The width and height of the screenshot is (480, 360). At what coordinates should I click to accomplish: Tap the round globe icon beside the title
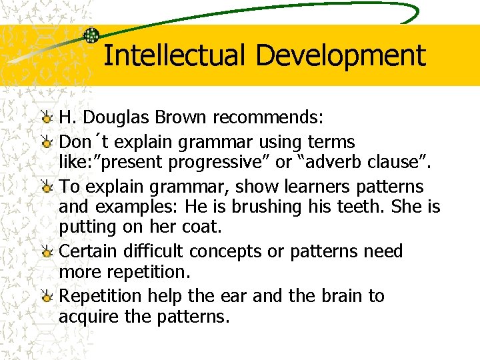point(91,36)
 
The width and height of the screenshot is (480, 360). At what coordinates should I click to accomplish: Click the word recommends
point(268,119)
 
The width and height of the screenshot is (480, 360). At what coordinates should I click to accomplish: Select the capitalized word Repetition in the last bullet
point(101,296)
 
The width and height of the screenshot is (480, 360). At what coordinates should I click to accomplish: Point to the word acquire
point(87,316)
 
